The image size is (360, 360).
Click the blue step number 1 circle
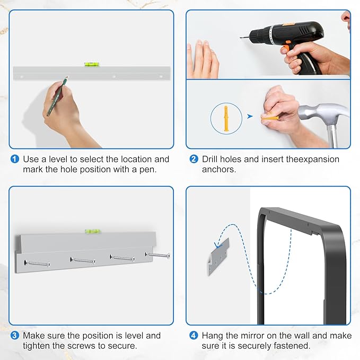(x=15, y=159)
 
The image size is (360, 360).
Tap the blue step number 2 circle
(x=194, y=159)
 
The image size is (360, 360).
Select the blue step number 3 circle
(x=15, y=336)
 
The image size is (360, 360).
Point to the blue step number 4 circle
(x=194, y=336)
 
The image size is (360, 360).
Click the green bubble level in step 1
(x=92, y=64)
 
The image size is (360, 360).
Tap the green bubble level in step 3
(x=93, y=231)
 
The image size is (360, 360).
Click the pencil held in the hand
(x=57, y=96)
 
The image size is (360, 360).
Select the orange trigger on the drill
(x=286, y=49)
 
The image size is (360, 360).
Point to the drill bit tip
(x=241, y=37)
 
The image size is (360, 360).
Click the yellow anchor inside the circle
(x=226, y=118)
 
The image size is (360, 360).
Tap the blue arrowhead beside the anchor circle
(x=250, y=117)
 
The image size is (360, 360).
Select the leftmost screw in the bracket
(x=37, y=264)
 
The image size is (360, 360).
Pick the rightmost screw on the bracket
(x=157, y=255)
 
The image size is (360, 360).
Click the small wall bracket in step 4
(x=219, y=257)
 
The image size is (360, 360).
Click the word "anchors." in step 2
(x=219, y=170)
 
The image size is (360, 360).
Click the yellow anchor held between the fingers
(x=270, y=118)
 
